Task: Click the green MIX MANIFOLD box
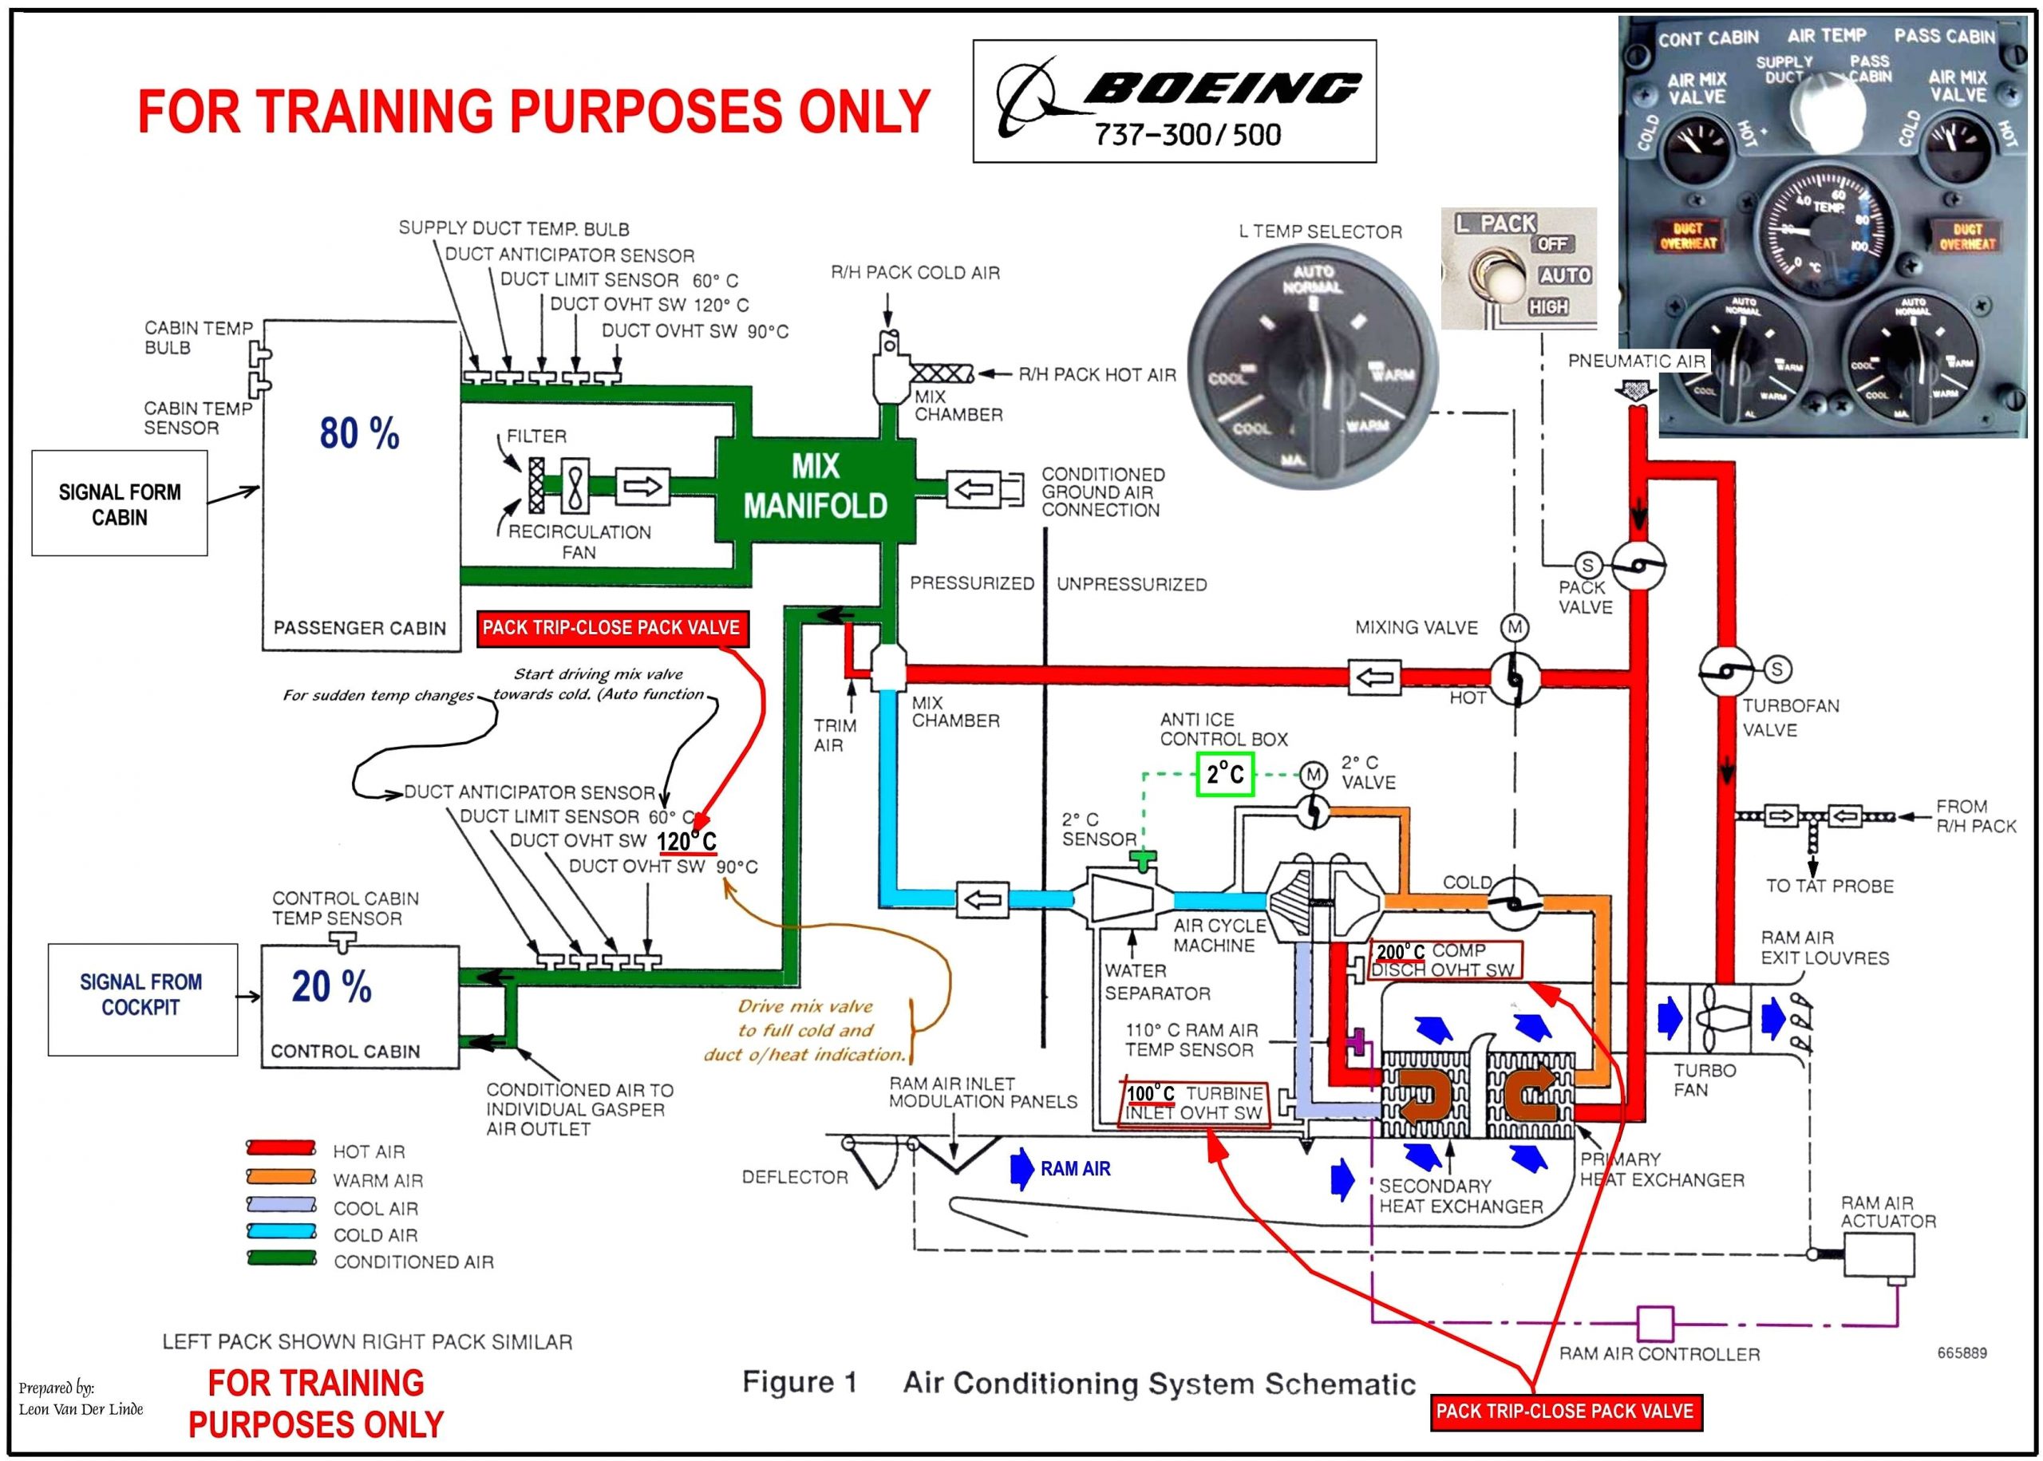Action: pos(815,487)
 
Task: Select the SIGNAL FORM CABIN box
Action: pos(120,503)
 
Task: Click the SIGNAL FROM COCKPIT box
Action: pos(142,995)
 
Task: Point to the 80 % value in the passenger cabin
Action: pos(359,433)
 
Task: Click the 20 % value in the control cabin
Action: pos(331,986)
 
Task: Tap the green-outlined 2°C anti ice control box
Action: pos(1224,774)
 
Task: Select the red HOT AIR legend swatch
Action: pos(282,1149)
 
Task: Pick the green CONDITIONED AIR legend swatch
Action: pos(282,1258)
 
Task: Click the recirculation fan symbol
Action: pos(574,487)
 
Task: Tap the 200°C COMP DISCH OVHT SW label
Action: pos(1446,960)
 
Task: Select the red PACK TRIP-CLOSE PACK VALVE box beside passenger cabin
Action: pos(611,628)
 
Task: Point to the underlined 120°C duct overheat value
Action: pos(687,841)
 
